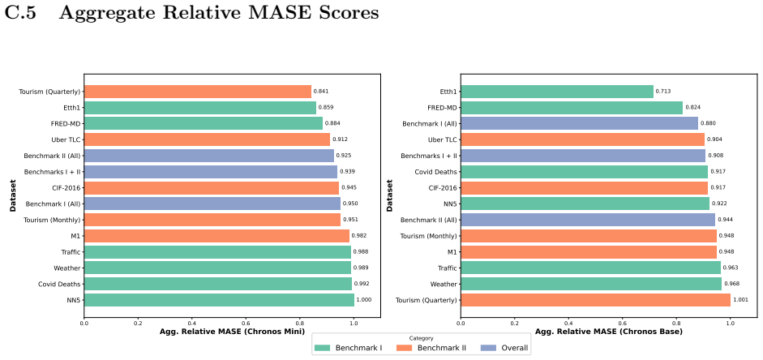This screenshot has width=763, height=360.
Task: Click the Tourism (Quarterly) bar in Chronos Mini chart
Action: (198, 92)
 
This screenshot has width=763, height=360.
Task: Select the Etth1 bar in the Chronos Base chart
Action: (557, 92)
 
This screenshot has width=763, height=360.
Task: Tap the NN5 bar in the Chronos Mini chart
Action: (219, 300)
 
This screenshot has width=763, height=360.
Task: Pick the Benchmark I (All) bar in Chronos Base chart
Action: (579, 123)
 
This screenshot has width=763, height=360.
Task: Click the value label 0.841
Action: (320, 92)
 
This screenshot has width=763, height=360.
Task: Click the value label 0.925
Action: (343, 156)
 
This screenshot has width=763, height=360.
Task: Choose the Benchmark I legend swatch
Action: (323, 347)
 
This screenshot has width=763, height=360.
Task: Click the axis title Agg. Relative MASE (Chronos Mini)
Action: (232, 332)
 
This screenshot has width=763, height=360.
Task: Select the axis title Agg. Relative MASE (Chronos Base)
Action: (609, 332)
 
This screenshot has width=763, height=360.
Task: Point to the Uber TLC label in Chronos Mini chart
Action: (66, 139)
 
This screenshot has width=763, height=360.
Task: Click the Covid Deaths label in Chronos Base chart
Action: (436, 172)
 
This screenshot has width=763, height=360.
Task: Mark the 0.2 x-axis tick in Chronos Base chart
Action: (514, 323)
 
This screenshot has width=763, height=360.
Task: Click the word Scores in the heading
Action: (345, 14)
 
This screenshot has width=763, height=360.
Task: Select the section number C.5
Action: (19, 14)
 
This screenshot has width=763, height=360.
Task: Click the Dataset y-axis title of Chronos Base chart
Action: (389, 196)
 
